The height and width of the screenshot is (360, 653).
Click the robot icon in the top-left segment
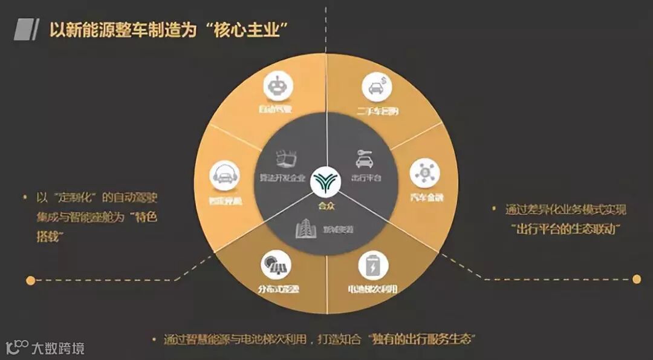tap(278, 88)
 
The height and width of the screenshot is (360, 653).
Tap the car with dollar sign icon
tap(377, 87)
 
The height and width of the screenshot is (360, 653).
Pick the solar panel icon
tap(276, 265)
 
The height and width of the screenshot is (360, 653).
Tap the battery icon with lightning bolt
tap(373, 266)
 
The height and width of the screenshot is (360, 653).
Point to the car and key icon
tap(363, 159)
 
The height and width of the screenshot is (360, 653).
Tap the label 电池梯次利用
tap(372, 289)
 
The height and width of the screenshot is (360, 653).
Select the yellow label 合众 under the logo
tap(326, 205)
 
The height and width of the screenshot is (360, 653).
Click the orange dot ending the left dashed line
tap(30, 280)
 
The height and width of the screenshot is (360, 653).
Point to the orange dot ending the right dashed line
tap(636, 279)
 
